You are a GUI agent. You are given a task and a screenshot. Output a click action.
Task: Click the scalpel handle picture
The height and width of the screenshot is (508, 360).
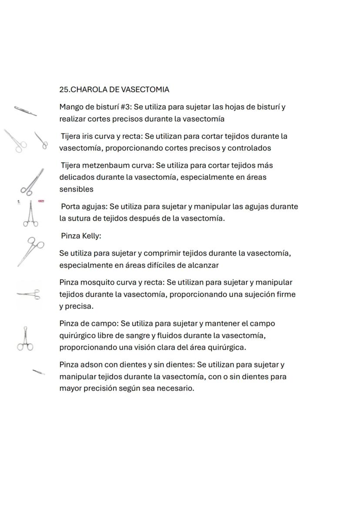coord(25,111)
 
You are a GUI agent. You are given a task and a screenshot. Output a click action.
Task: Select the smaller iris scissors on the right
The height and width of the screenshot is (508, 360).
coord(41,140)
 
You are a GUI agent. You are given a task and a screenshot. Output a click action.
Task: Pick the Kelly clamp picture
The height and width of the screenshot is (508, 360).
coord(31,251)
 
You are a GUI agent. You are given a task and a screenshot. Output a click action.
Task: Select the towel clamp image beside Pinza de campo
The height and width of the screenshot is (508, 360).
coord(25,339)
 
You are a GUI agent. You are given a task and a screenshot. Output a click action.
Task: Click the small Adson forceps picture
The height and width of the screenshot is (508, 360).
coord(39,371)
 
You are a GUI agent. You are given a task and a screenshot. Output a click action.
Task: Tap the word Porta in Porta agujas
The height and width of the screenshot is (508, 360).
coord(70,207)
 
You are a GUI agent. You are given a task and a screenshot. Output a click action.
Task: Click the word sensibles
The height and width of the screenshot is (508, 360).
coord(76,189)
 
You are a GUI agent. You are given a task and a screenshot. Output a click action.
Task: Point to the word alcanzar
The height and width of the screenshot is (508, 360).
coord(203,265)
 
